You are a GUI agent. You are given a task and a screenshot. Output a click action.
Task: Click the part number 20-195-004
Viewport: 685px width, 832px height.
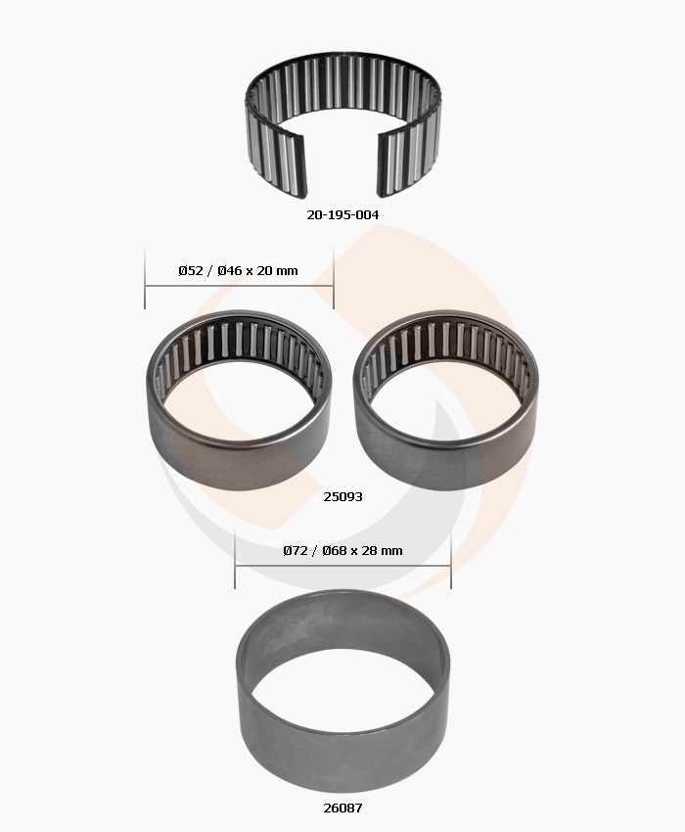tap(342, 215)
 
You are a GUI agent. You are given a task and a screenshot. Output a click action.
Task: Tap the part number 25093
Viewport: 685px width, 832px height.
tap(342, 496)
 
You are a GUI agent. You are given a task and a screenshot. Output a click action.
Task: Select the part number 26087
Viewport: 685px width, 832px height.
tap(342, 809)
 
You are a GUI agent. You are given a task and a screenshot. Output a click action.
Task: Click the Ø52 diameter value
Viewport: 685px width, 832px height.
tap(191, 270)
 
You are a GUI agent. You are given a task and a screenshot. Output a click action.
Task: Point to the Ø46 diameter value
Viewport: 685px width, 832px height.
tap(230, 270)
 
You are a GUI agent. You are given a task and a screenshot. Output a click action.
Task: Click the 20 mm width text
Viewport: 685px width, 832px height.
tap(278, 270)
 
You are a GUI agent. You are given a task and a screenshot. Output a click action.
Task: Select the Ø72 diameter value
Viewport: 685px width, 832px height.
tap(296, 551)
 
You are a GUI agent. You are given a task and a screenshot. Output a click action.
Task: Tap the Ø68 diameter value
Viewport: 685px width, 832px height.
tap(335, 551)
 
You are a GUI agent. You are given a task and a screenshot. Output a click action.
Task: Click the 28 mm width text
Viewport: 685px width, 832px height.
tap(382, 551)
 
